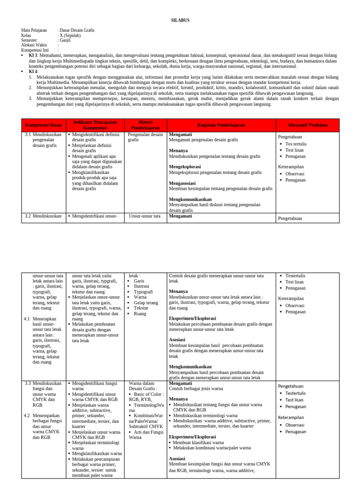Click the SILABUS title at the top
180,21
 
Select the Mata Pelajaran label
34,30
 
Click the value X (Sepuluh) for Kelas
69,35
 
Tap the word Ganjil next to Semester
64,40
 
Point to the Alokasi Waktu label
34,45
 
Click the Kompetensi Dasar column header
44,125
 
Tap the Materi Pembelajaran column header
145,125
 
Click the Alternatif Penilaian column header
307,125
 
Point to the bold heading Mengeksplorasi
185,167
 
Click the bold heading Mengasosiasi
182,183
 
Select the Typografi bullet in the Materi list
143,292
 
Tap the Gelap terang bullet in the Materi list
146,303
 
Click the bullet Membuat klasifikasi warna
198,442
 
